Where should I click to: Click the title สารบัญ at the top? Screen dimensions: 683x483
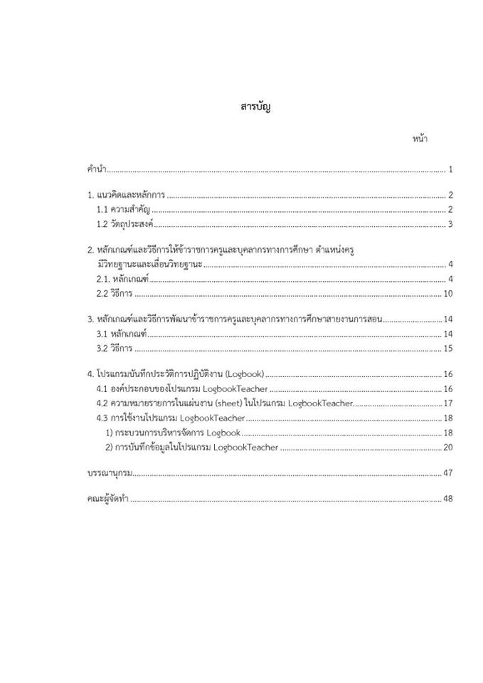click(x=256, y=107)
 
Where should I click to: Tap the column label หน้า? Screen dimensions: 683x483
click(x=419, y=139)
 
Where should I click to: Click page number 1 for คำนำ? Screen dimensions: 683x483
click(x=451, y=169)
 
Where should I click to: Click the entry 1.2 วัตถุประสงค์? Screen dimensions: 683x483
click(x=124, y=225)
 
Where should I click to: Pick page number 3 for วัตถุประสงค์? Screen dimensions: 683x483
click(x=451, y=225)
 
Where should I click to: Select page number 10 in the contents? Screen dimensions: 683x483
click(x=448, y=294)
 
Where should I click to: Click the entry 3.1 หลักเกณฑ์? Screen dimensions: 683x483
click(x=121, y=334)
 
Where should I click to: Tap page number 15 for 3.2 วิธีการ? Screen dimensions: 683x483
click(x=448, y=349)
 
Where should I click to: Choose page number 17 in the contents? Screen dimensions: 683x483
click(x=448, y=403)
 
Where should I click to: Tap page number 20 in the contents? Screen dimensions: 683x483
click(x=448, y=447)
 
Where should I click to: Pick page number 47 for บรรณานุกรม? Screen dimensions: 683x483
click(x=448, y=473)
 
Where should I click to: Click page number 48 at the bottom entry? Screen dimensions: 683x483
click(x=448, y=499)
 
